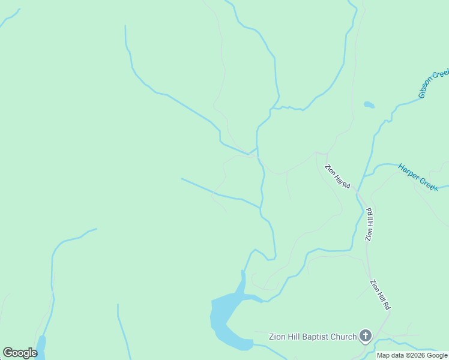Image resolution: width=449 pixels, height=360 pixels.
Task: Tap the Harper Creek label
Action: pos(418,177)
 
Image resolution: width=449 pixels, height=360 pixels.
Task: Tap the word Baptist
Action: pos(310,337)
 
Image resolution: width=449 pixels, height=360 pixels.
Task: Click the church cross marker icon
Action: pos(366,336)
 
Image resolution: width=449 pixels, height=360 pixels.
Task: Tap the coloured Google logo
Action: pos(20,353)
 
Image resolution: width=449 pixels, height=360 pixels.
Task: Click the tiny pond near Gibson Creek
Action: pos(369,105)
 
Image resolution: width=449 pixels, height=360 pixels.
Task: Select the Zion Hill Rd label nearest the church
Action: pos(380,294)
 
